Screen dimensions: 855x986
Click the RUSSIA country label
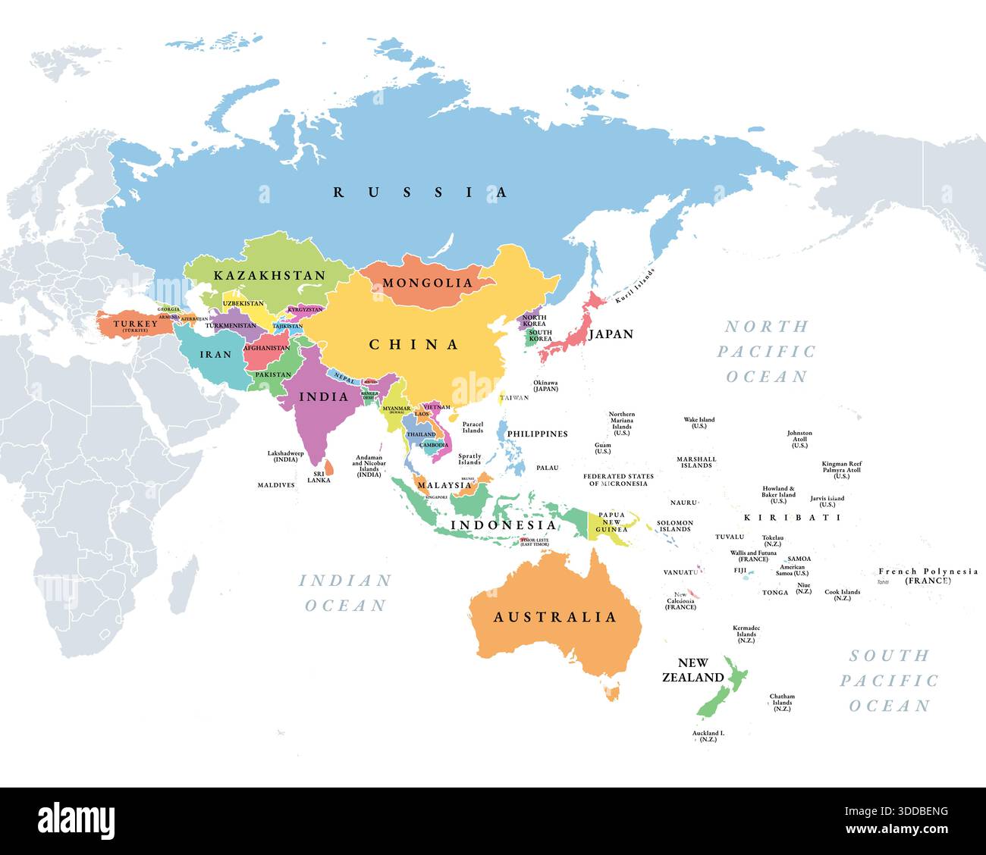(421, 193)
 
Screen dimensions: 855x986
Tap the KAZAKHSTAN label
(269, 275)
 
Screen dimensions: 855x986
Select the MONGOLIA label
(427, 283)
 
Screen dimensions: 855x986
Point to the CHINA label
(414, 345)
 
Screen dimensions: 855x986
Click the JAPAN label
(611, 334)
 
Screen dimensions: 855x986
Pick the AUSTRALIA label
(555, 617)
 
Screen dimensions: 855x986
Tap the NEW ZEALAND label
(692, 670)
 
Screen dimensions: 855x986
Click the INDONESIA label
(504, 525)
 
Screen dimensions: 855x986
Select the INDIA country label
(324, 396)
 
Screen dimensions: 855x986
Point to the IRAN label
(210, 354)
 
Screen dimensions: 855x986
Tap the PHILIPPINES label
(537, 434)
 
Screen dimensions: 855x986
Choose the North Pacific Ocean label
(767, 351)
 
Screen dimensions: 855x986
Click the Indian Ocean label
(345, 593)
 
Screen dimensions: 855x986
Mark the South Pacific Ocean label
(889, 680)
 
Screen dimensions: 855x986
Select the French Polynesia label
(928, 575)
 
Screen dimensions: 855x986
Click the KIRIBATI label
(792, 518)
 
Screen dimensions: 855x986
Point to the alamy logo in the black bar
(77, 820)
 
